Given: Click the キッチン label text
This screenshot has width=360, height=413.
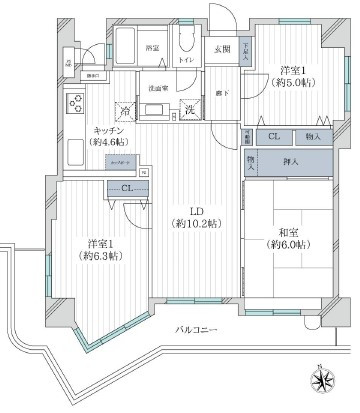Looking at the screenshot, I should [x=109, y=130].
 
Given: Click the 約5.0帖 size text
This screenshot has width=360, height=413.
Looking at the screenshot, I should [x=287, y=84].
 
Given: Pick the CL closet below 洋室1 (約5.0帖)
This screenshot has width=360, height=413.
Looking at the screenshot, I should [x=273, y=136].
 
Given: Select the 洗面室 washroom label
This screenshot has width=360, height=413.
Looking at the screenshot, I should [x=157, y=89].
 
